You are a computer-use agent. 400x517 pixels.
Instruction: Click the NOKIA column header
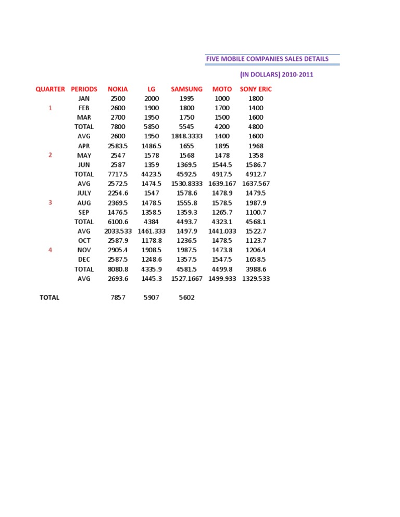[118, 89]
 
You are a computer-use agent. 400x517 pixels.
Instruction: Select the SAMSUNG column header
[186, 89]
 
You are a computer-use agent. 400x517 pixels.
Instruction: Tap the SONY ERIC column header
[256, 89]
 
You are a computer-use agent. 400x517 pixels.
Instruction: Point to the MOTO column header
[222, 89]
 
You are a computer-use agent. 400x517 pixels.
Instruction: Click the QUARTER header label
[51, 89]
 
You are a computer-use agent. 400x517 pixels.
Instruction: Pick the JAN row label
[84, 98]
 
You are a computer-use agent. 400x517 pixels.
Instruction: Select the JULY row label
[84, 193]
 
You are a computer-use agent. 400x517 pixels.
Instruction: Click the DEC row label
[84, 259]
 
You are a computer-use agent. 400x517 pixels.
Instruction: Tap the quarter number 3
[51, 202]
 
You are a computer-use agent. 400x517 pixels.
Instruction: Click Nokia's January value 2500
[118, 98]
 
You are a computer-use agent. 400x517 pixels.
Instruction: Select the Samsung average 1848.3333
[186, 136]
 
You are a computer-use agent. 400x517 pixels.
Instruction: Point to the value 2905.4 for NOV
[118, 250]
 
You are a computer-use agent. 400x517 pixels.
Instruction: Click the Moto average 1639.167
[222, 184]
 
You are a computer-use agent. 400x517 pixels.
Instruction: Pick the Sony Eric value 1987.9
[256, 202]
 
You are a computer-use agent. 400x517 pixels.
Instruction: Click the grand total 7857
[118, 298]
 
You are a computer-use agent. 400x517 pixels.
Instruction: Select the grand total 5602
[186, 298]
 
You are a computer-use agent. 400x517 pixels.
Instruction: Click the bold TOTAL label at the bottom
[49, 298]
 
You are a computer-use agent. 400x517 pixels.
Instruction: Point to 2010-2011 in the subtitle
[298, 74]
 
